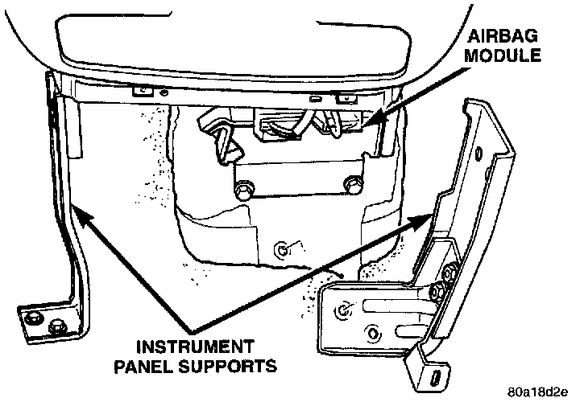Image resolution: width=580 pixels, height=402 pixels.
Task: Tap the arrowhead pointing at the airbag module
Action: [x=372, y=120]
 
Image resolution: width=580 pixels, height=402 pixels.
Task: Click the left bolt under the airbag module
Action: [x=242, y=191]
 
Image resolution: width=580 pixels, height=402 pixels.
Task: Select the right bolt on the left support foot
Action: [x=58, y=326]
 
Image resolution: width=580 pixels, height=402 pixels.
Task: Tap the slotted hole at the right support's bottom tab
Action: [x=435, y=376]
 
